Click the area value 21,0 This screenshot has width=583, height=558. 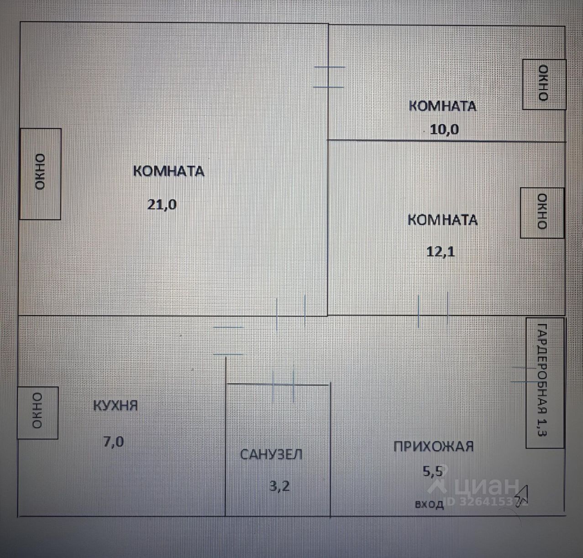pyautogui.click(x=162, y=204)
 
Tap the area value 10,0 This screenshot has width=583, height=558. pyautogui.click(x=444, y=130)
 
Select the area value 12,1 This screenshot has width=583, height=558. pyautogui.click(x=441, y=251)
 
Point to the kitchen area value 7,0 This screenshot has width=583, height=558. pyautogui.click(x=113, y=442)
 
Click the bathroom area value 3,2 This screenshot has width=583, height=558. pyautogui.click(x=279, y=486)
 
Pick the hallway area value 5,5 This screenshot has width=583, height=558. pyautogui.click(x=432, y=470)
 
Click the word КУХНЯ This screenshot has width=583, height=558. pyautogui.click(x=115, y=405)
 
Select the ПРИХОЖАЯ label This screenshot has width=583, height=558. pyautogui.click(x=433, y=446)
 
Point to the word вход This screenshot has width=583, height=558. pyautogui.click(x=429, y=504)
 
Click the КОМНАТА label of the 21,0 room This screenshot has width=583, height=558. pyautogui.click(x=168, y=171)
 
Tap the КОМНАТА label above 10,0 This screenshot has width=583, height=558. pyautogui.click(x=442, y=106)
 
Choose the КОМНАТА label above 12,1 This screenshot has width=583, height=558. pyautogui.click(x=442, y=220)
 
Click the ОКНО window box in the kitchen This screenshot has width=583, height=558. pyautogui.click(x=37, y=412)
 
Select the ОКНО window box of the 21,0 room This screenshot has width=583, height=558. pyautogui.click(x=40, y=174)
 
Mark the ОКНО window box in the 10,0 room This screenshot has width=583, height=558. pyautogui.click(x=544, y=84)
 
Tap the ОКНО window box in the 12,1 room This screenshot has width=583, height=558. pyautogui.click(x=542, y=213)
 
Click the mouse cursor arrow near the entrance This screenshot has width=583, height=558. pyautogui.click(x=521, y=493)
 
